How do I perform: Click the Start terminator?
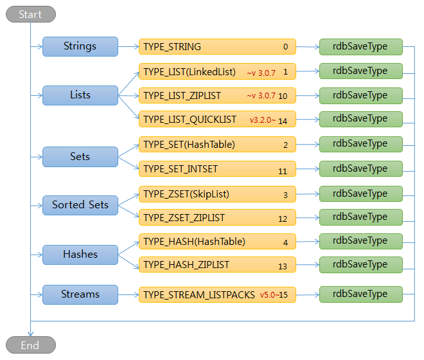(30, 14)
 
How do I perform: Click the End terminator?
(30, 345)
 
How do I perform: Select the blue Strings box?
(80, 46)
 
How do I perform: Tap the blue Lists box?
(80, 95)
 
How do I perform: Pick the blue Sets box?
(80, 156)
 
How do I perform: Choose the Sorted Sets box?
(80, 205)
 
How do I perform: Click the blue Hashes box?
(80, 255)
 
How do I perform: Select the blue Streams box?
(80, 294)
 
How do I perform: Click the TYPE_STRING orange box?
(217, 47)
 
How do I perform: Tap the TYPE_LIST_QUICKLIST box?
(217, 120)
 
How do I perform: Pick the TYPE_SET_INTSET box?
(217, 169)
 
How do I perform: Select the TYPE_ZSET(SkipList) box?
(217, 194)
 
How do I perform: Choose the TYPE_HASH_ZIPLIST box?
(217, 265)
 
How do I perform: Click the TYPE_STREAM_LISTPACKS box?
(217, 295)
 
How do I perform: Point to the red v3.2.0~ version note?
(263, 120)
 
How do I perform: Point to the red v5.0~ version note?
(269, 295)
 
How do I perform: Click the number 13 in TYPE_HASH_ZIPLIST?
(283, 265)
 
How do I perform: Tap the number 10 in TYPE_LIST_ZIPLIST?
(283, 96)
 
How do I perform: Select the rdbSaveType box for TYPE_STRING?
(361, 47)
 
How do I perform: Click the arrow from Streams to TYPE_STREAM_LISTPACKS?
(128, 295)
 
